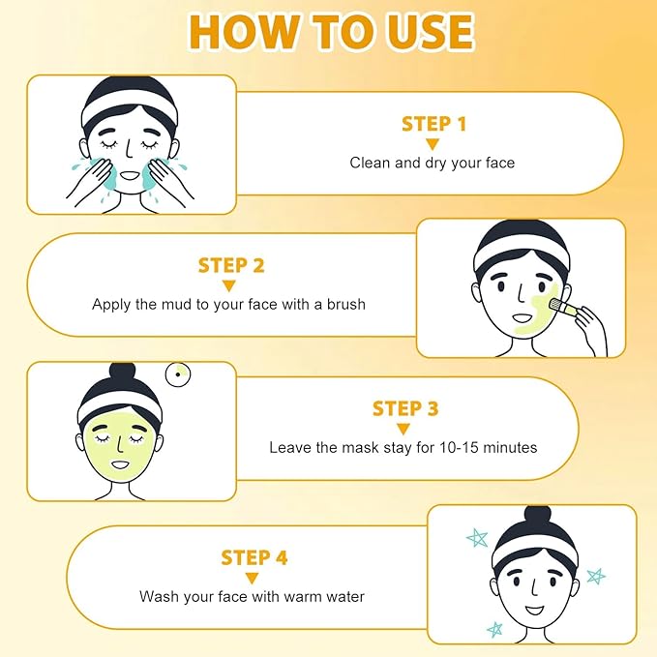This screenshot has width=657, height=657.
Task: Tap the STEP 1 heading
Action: pyautogui.click(x=433, y=123)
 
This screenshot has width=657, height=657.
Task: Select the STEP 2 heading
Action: pyautogui.click(x=231, y=265)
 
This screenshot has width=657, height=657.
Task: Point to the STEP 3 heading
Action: pyautogui.click(x=405, y=408)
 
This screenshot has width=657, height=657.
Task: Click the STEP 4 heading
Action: pyautogui.click(x=254, y=557)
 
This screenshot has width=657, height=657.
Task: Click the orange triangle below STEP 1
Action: pyautogui.click(x=433, y=143)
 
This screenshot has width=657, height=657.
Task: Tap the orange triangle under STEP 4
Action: pyautogui.click(x=254, y=578)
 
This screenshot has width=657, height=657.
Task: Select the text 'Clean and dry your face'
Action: pyautogui.click(x=433, y=163)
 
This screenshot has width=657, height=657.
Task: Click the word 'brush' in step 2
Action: pyautogui.click(x=345, y=304)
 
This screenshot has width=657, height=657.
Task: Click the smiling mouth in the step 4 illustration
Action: pyautogui.click(x=535, y=612)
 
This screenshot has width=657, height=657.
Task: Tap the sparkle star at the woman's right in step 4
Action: pyautogui.click(x=596, y=576)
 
